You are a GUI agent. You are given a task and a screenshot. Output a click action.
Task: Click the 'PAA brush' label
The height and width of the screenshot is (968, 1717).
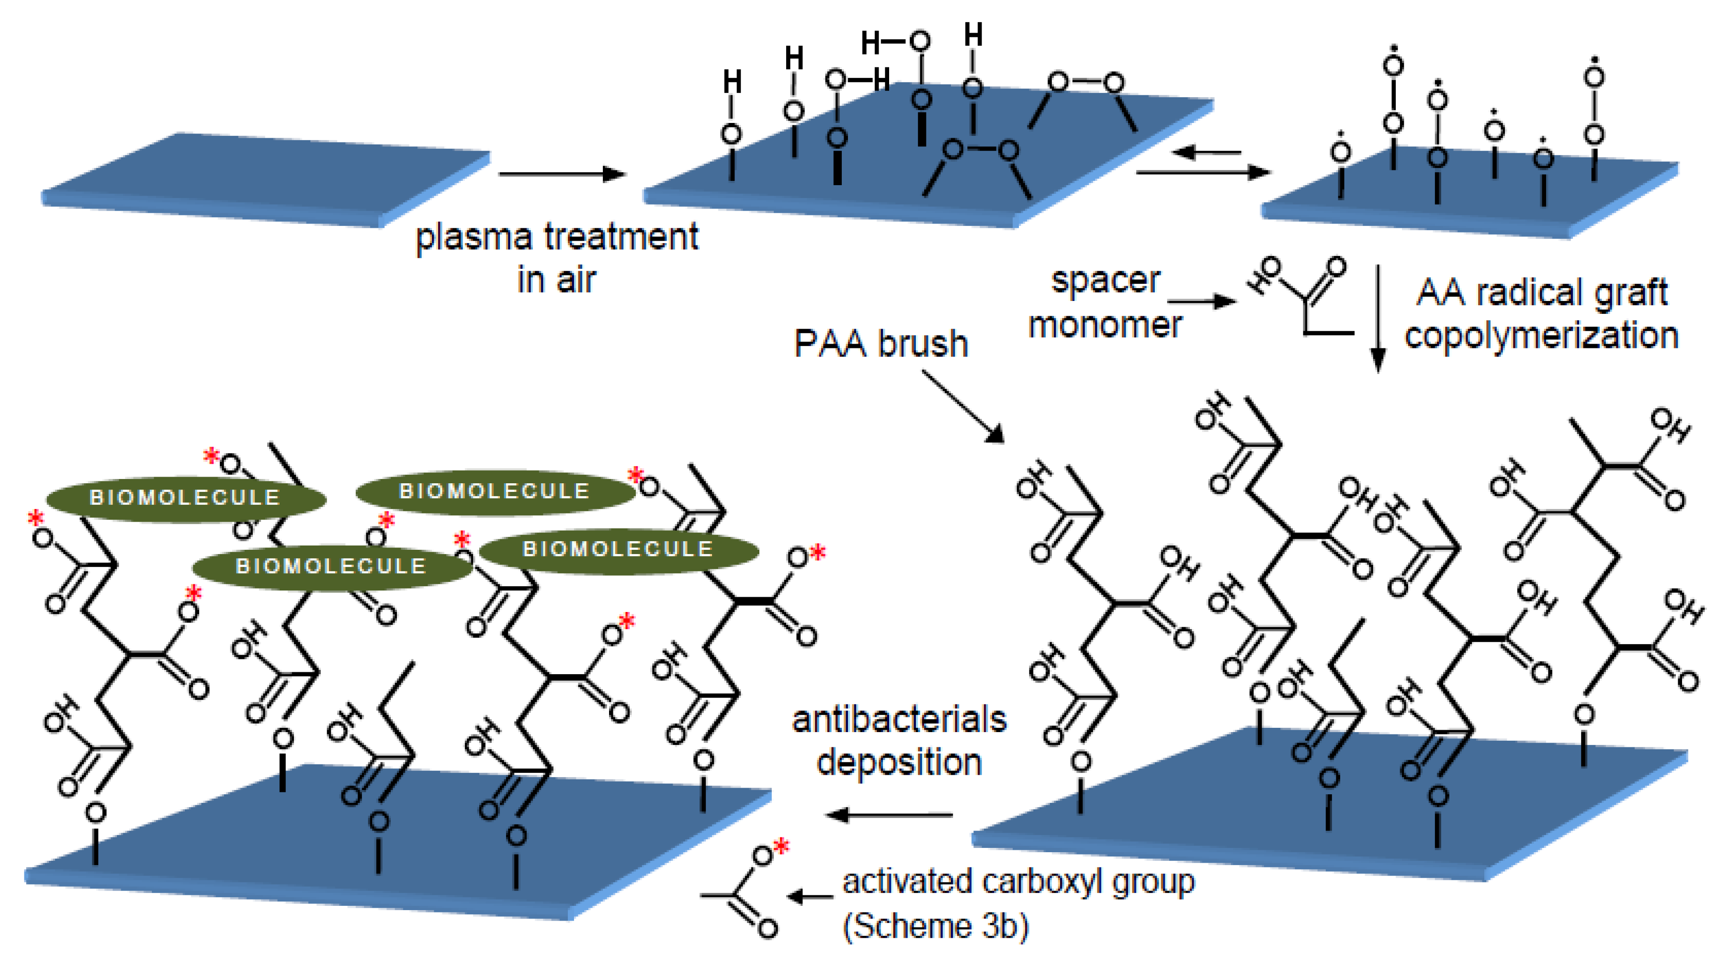pos(881,345)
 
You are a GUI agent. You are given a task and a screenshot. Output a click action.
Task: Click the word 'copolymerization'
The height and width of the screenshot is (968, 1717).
pos(1541,335)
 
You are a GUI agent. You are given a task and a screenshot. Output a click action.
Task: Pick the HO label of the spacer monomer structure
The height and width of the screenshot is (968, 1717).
pos(1264,275)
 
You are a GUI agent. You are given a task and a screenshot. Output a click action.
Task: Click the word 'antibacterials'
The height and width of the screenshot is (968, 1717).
pos(899,720)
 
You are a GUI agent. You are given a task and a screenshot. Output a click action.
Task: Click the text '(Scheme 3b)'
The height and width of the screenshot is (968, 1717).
pos(936,926)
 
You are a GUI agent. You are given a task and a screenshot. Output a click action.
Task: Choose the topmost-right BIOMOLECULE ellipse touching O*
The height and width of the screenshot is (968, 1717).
pos(495,492)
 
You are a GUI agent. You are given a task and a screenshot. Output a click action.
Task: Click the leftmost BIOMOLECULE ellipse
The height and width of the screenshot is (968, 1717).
pos(185,498)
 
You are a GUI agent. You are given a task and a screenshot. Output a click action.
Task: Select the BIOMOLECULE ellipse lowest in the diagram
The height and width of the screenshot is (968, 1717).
pos(331,566)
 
